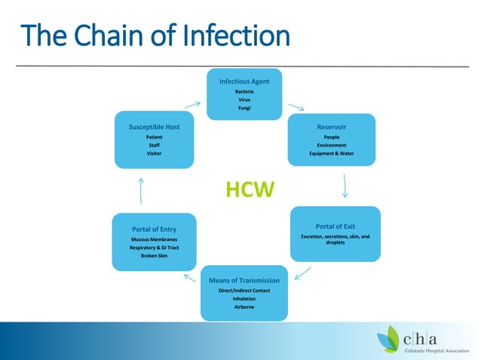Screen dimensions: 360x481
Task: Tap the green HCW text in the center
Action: (x=250, y=190)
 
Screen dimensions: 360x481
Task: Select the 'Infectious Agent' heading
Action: (x=244, y=81)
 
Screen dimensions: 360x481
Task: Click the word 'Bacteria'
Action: (x=244, y=91)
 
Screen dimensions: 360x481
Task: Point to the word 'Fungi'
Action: (x=244, y=108)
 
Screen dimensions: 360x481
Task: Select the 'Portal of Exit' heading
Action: (x=335, y=226)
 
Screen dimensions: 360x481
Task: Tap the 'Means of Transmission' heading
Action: (x=244, y=280)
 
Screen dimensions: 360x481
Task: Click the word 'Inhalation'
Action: (x=244, y=298)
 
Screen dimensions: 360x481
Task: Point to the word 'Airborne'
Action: (x=244, y=307)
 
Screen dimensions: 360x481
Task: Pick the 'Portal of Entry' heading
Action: (x=154, y=229)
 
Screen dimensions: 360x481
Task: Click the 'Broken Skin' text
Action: (x=154, y=255)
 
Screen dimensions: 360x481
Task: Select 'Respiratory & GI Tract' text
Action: (x=154, y=247)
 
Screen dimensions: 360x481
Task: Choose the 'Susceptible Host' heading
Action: (x=154, y=127)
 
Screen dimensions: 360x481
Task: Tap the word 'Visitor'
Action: (x=154, y=154)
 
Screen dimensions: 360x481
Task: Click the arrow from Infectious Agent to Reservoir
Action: (x=296, y=108)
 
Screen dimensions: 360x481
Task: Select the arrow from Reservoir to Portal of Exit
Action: (x=345, y=185)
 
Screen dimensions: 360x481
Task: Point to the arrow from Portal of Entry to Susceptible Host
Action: (x=142, y=190)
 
